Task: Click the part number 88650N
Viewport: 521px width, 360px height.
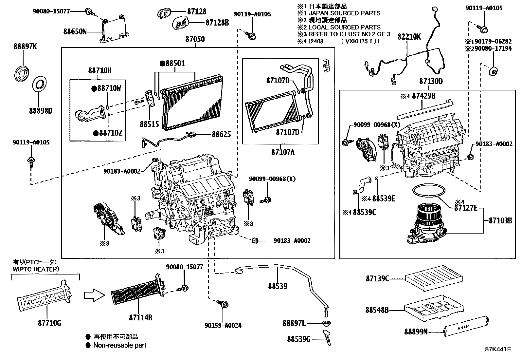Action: pos(75,32)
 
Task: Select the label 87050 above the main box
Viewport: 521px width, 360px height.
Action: pos(195,39)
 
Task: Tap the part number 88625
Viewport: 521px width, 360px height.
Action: pos(221,134)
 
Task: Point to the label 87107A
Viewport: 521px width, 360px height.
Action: pos(283,152)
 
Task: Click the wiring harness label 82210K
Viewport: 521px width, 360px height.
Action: pos(409,37)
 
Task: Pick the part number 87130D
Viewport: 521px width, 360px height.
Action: pos(431,81)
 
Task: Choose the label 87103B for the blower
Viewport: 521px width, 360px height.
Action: pos(500,220)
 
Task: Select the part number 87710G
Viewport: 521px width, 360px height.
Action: pos(49,323)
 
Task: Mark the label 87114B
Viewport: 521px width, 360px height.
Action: pos(140,317)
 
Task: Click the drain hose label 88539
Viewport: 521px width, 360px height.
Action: pos(278,286)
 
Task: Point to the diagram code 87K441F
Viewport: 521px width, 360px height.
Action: pos(498,349)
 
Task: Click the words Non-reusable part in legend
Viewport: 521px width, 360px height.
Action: pos(120,345)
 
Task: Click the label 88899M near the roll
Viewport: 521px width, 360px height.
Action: pos(416,332)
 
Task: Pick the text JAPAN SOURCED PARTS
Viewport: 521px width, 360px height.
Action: pos(344,13)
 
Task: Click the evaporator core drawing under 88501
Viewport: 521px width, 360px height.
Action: pos(193,103)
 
